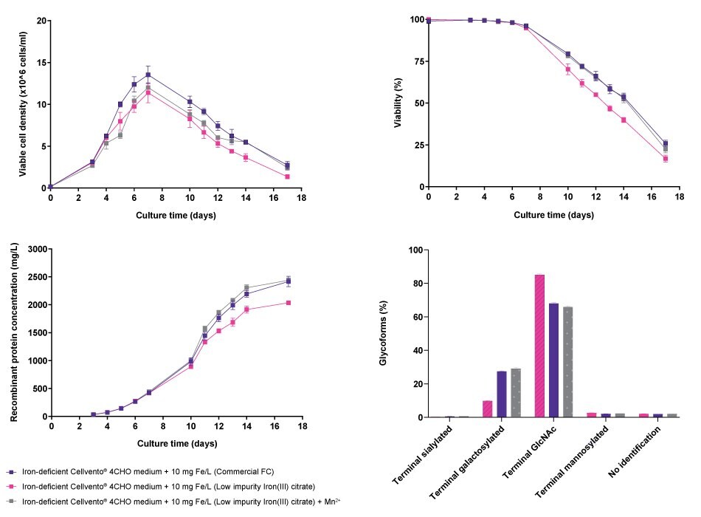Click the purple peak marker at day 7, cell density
148,75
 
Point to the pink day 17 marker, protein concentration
288,303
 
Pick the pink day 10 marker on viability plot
567,69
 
